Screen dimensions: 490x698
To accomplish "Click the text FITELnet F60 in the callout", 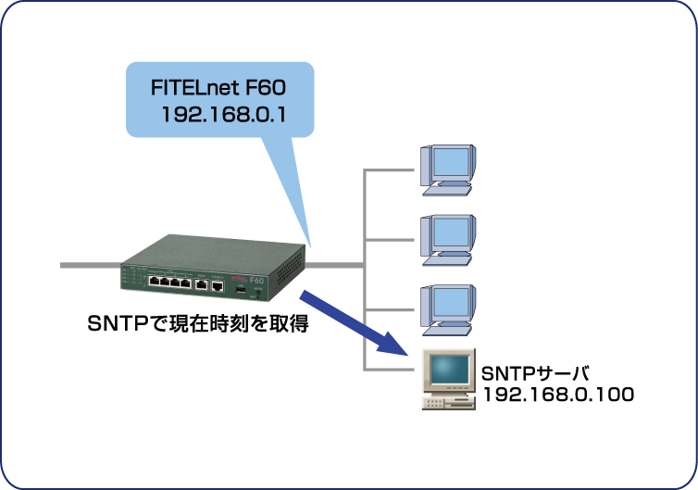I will click(x=219, y=88).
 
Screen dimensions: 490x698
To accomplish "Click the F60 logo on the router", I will click(x=256, y=279).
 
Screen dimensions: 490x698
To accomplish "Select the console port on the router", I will click(x=217, y=284).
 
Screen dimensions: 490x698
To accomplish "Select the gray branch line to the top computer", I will click(x=390, y=170).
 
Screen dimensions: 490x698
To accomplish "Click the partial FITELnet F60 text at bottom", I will click(x=219, y=483).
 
